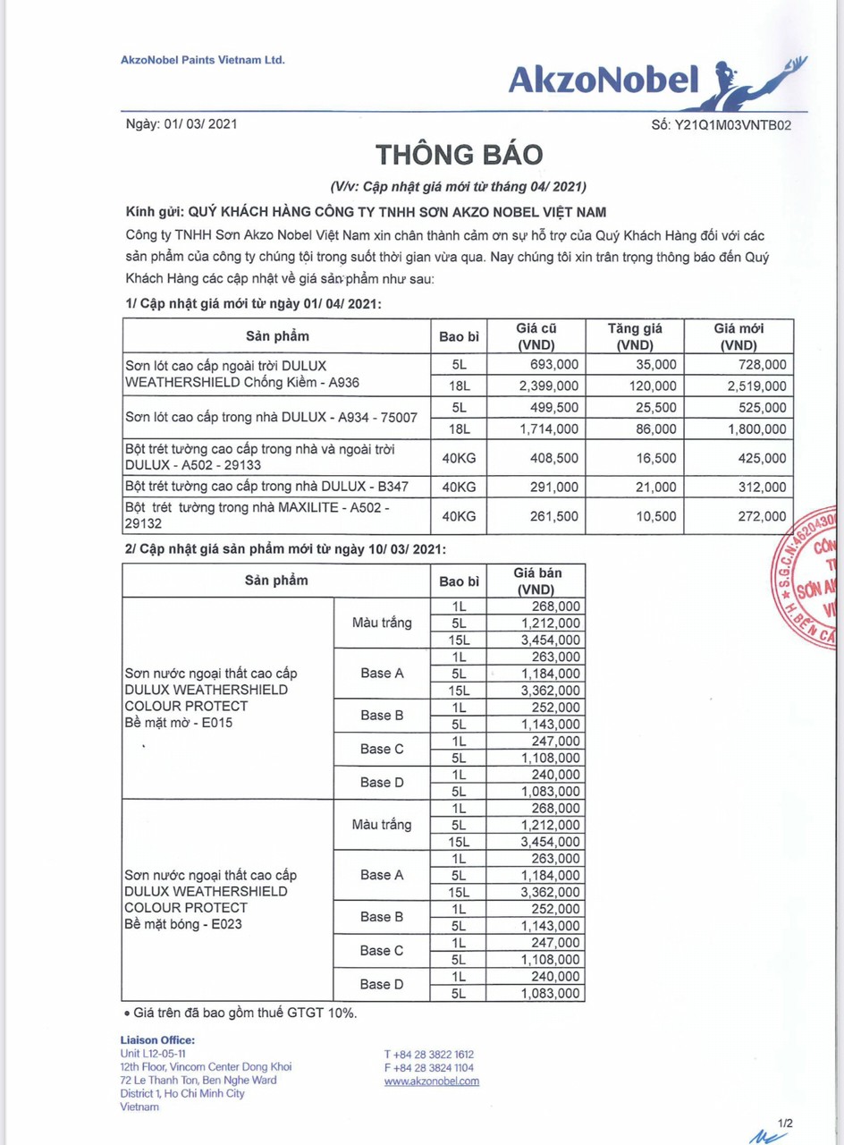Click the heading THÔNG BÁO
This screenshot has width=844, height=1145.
click(x=459, y=155)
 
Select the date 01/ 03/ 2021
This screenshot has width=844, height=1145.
click(x=200, y=125)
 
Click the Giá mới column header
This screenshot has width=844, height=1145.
click(x=738, y=336)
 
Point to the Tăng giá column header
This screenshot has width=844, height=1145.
click(x=635, y=336)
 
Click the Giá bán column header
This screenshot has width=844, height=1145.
click(x=536, y=581)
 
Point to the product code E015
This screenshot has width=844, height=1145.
click(x=216, y=723)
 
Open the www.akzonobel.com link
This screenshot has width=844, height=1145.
click(x=431, y=1081)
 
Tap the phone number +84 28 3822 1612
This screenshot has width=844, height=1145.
click(x=429, y=1055)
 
